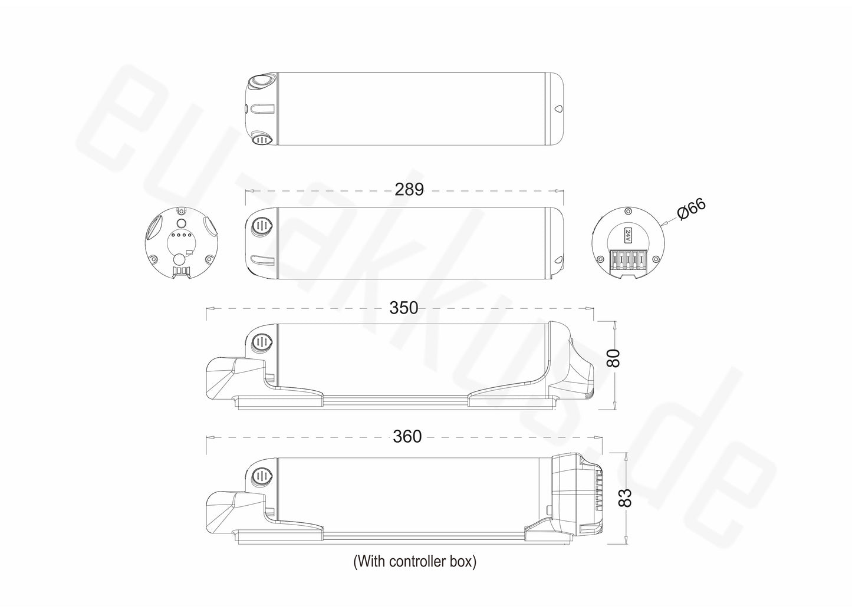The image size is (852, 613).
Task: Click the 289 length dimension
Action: click(409, 189)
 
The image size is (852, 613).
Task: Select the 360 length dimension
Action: click(407, 437)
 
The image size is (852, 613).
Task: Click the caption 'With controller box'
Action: click(415, 562)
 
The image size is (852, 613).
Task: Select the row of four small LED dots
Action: click(181, 235)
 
